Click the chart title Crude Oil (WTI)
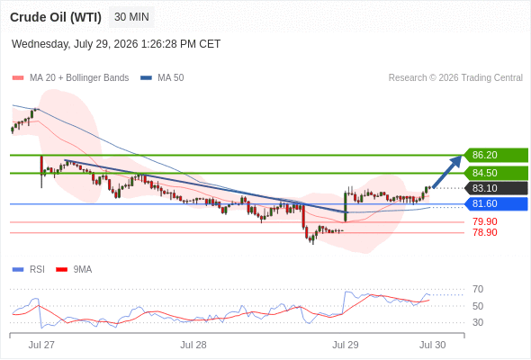(56, 17)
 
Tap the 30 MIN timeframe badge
(131, 17)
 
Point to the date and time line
(116, 44)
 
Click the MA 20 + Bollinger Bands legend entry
(70, 78)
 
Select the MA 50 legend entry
(162, 78)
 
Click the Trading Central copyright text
(455, 78)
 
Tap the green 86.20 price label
(496, 155)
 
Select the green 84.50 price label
(496, 173)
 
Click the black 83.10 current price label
(496, 188)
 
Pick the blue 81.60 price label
(496, 204)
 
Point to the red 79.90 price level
(485, 221)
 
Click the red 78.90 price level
(485, 233)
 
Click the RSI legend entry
(29, 270)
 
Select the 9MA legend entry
(74, 270)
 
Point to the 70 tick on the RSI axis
(478, 289)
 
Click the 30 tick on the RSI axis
(478, 322)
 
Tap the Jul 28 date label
(193, 345)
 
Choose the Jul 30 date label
(433, 345)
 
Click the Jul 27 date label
(41, 345)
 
